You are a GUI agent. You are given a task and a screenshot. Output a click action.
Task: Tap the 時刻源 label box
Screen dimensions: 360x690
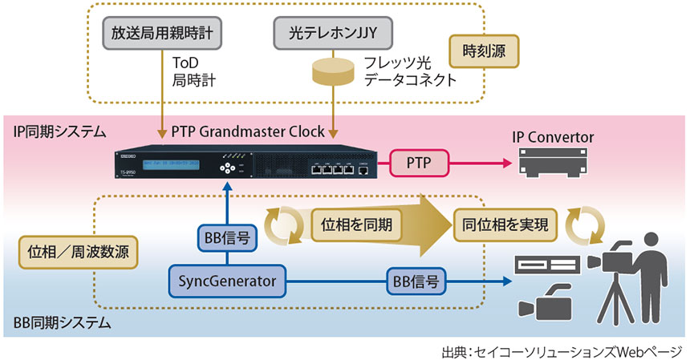484,52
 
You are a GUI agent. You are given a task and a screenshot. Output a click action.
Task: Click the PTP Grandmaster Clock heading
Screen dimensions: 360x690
248,130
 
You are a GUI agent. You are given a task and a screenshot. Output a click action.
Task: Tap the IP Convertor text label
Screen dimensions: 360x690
553,138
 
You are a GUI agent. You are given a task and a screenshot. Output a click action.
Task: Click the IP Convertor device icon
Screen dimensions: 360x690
553,164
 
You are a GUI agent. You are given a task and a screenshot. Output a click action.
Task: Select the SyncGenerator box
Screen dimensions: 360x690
227,281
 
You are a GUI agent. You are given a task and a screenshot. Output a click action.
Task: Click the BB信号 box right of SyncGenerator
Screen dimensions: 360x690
416,281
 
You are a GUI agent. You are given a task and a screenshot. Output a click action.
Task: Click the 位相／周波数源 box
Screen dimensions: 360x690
76,249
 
